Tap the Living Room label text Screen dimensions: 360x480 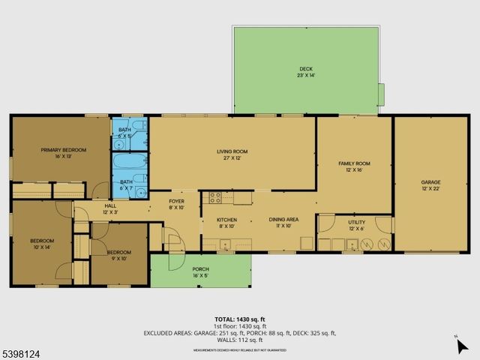pyautogui.click(x=232, y=154)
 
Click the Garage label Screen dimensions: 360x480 pyautogui.click(x=430, y=185)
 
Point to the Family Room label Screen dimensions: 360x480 pyautogui.click(x=354, y=166)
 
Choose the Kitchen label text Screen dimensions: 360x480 pyautogui.click(x=226, y=222)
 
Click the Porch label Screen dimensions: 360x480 pyautogui.click(x=200, y=271)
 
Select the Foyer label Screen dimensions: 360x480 pyautogui.click(x=176, y=204)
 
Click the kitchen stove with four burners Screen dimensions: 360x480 pyautogui.click(x=214, y=197)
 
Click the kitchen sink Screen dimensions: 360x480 pyautogui.click(x=226, y=244)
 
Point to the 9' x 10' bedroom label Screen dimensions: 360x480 pyautogui.click(x=118, y=255)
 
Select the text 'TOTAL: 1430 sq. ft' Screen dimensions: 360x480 pyautogui.click(x=240, y=319)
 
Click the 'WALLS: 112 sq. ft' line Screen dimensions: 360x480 pyautogui.click(x=240, y=340)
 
